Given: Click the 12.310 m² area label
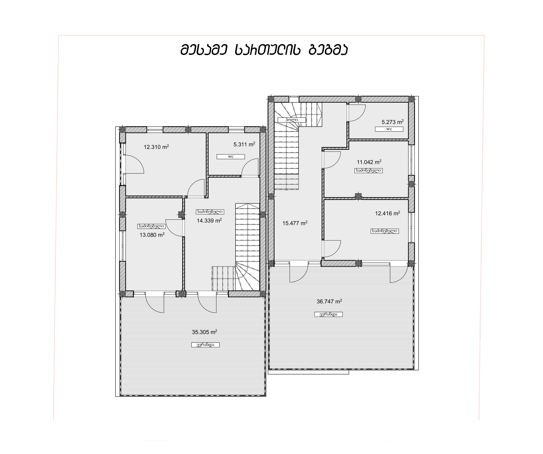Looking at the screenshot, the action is click(x=156, y=147).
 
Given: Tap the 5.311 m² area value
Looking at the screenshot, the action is click(x=244, y=144).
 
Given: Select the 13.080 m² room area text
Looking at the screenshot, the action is click(x=152, y=235).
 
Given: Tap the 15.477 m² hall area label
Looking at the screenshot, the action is click(x=295, y=223).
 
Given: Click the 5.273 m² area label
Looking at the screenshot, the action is click(x=392, y=122).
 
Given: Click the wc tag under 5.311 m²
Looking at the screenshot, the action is click(x=231, y=156).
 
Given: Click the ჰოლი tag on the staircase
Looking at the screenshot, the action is click(x=292, y=120).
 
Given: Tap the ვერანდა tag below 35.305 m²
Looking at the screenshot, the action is click(x=205, y=345).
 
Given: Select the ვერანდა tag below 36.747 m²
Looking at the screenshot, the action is click(x=328, y=314).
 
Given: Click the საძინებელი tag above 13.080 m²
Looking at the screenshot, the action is click(x=151, y=226).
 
